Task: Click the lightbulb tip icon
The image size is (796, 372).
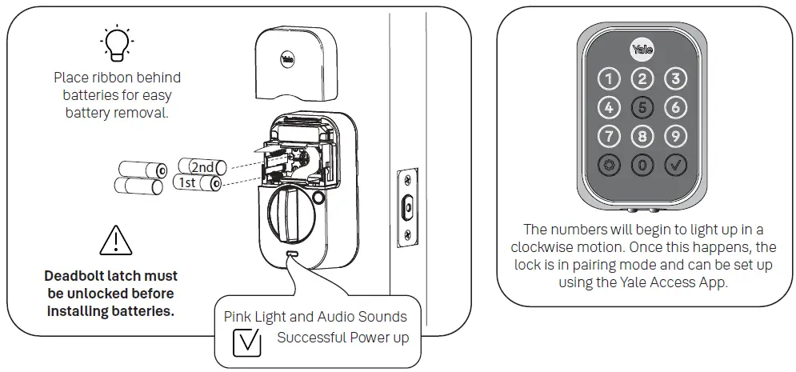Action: [x=117, y=42]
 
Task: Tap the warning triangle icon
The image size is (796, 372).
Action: [x=117, y=240]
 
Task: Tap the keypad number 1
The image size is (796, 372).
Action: [x=610, y=79]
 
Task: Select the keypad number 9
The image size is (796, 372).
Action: [x=676, y=136]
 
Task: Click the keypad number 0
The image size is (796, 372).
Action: [x=643, y=165]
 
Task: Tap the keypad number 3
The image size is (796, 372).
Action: [x=676, y=79]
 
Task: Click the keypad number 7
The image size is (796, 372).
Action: [x=610, y=136]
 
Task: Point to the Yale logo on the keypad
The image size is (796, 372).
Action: [x=643, y=50]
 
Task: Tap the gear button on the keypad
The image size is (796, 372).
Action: [x=610, y=165]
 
